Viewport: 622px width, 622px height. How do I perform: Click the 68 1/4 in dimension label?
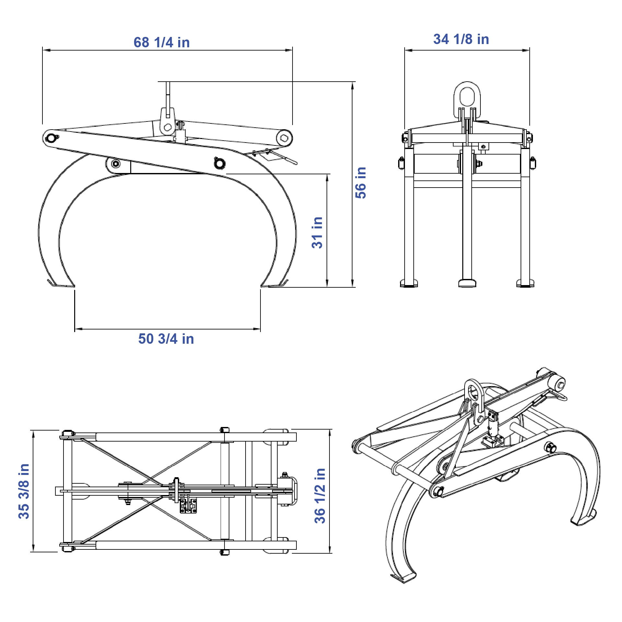point(162,42)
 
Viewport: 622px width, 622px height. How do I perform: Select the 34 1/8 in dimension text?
point(461,39)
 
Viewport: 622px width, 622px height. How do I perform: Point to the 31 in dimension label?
point(317,233)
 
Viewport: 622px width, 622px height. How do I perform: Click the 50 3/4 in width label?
point(166,339)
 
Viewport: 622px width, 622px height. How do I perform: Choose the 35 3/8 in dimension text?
point(24,491)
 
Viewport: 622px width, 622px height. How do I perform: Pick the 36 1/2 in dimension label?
point(320,496)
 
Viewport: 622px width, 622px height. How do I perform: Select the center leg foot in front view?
point(467,283)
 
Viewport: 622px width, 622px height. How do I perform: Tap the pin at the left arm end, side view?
point(51,138)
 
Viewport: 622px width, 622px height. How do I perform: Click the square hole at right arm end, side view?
point(284,138)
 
